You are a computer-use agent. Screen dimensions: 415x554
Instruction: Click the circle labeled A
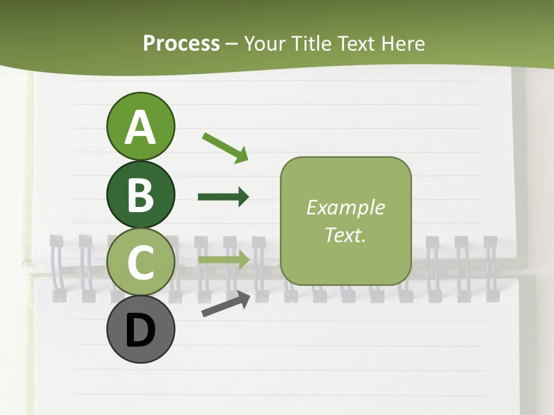[140, 126]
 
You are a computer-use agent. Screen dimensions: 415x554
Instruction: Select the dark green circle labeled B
[140, 195]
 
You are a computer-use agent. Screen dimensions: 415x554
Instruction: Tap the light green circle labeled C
[140, 262]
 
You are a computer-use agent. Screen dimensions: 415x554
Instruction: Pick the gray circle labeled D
[140, 330]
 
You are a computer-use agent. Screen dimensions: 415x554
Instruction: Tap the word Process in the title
[181, 44]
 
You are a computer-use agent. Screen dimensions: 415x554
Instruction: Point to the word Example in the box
[345, 207]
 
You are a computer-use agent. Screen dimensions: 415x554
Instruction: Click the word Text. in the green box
[345, 235]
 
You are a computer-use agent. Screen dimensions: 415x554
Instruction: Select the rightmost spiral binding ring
[491, 269]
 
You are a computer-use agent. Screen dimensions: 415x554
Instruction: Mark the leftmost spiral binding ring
[57, 269]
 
